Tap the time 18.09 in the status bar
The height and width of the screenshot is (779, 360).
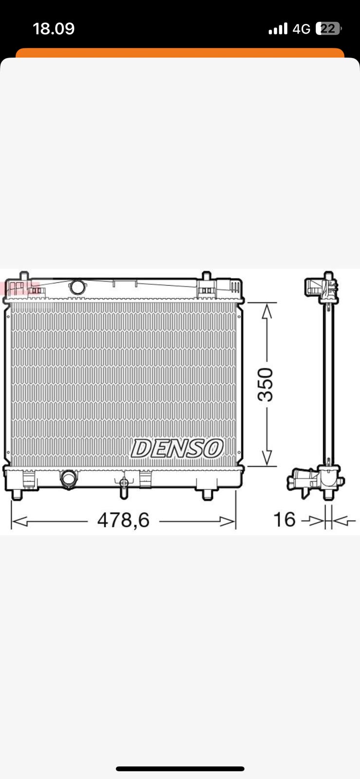coord(54,29)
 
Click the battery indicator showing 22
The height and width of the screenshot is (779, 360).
coord(328,29)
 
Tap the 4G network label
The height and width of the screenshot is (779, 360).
coord(301,29)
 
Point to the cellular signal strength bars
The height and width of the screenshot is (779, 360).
coord(278,29)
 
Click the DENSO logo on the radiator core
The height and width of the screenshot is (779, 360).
coord(177,448)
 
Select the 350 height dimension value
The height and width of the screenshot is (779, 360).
coord(265,384)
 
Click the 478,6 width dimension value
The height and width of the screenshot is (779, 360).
coord(123,520)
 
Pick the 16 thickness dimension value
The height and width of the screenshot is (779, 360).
coord(284,519)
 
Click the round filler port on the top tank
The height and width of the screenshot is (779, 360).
coord(77,287)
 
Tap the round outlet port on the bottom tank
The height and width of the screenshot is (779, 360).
coord(69,479)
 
